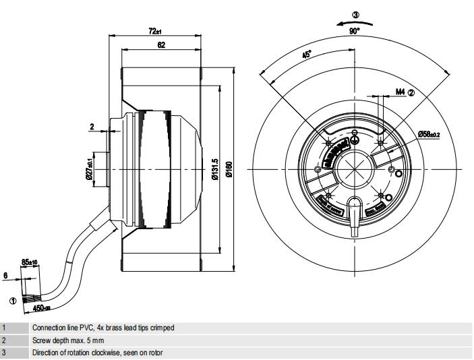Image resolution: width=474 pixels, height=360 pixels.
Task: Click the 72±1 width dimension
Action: [x=155, y=31]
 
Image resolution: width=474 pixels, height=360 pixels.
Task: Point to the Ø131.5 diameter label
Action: [x=213, y=169]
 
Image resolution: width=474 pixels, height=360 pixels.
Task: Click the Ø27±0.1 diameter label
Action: [x=89, y=166]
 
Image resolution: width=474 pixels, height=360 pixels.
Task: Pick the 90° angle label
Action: [x=355, y=30]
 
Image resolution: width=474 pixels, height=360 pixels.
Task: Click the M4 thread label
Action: [x=401, y=92]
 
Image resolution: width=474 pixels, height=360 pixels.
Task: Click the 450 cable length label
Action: [x=42, y=309]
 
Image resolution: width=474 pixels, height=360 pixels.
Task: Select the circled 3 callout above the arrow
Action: [x=355, y=13]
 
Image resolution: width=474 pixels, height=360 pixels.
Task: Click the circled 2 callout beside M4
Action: [x=411, y=92]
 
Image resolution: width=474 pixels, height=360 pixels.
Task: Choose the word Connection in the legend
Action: [x=46, y=328]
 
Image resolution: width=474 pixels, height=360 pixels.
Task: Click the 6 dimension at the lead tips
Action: [x=5, y=275]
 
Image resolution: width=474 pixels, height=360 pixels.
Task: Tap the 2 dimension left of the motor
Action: [x=92, y=126]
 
